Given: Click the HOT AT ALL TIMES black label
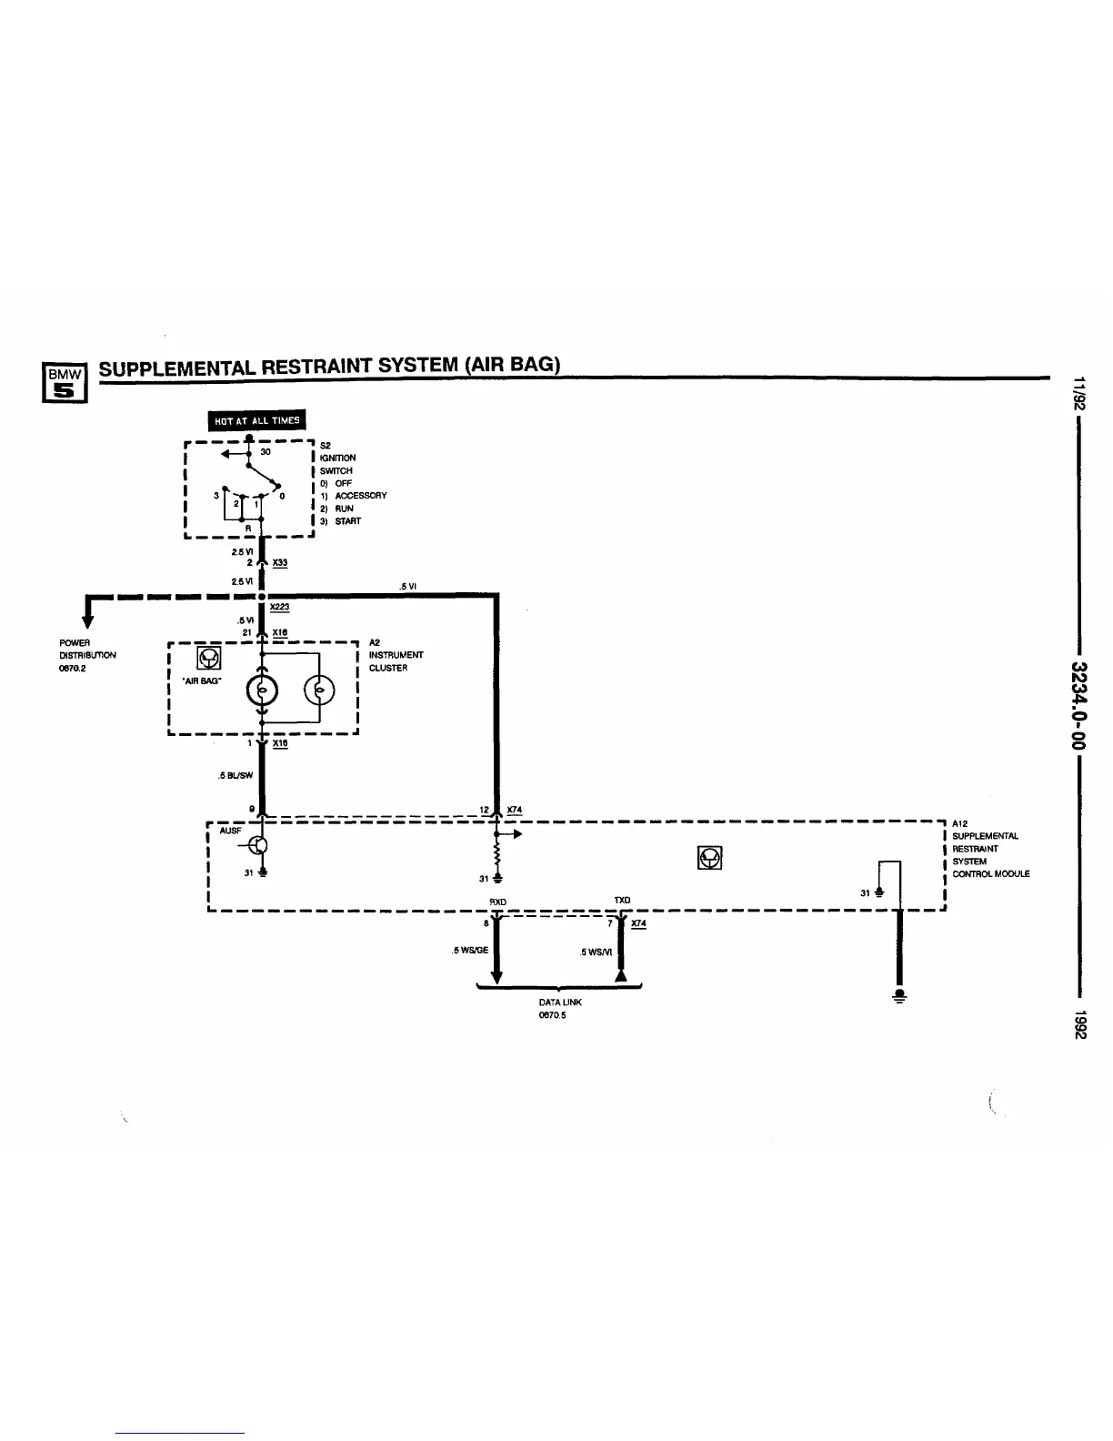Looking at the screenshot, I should (257, 419).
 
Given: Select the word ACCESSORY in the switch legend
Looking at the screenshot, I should (361, 496).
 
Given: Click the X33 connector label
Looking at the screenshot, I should (280, 563).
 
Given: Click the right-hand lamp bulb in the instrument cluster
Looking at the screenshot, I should (320, 692).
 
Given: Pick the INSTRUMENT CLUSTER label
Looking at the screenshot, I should (396, 661).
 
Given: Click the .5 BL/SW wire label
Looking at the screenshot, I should (236, 775).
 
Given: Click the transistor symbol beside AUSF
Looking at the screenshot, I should (259, 845).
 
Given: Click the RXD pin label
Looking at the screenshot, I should (497, 902).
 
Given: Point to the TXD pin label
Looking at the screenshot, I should (622, 900).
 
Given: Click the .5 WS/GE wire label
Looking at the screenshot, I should (470, 951).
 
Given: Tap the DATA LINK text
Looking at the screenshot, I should (559, 1002).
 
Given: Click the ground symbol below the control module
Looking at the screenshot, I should (899, 994).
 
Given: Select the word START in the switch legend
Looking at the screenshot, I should (347, 521).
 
